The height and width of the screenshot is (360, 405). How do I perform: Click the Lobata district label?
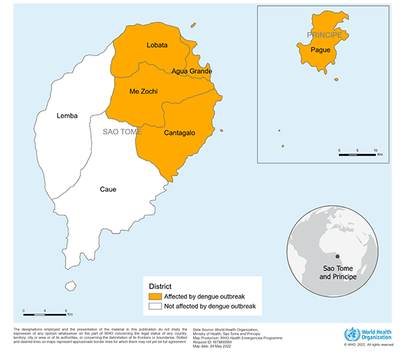[157, 45]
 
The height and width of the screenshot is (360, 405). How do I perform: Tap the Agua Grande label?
[192, 71]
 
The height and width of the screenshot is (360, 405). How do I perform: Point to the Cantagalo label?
[180, 133]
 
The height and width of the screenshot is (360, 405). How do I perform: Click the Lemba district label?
[67, 115]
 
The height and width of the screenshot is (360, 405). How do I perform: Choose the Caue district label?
[108, 189]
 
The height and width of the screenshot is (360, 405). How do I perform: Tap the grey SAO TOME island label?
[122, 132]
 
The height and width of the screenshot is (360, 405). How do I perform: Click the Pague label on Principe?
[321, 50]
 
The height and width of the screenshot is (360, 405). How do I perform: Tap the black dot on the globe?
[337, 256]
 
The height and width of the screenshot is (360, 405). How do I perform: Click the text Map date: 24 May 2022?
[214, 348]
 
